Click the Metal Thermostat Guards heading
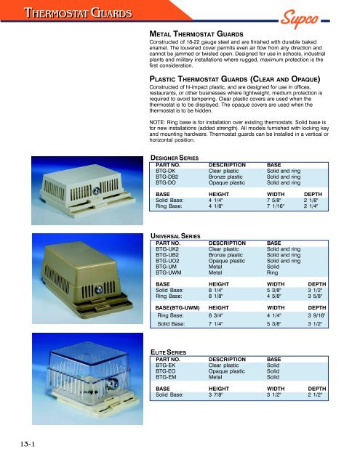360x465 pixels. [x=191, y=33]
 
